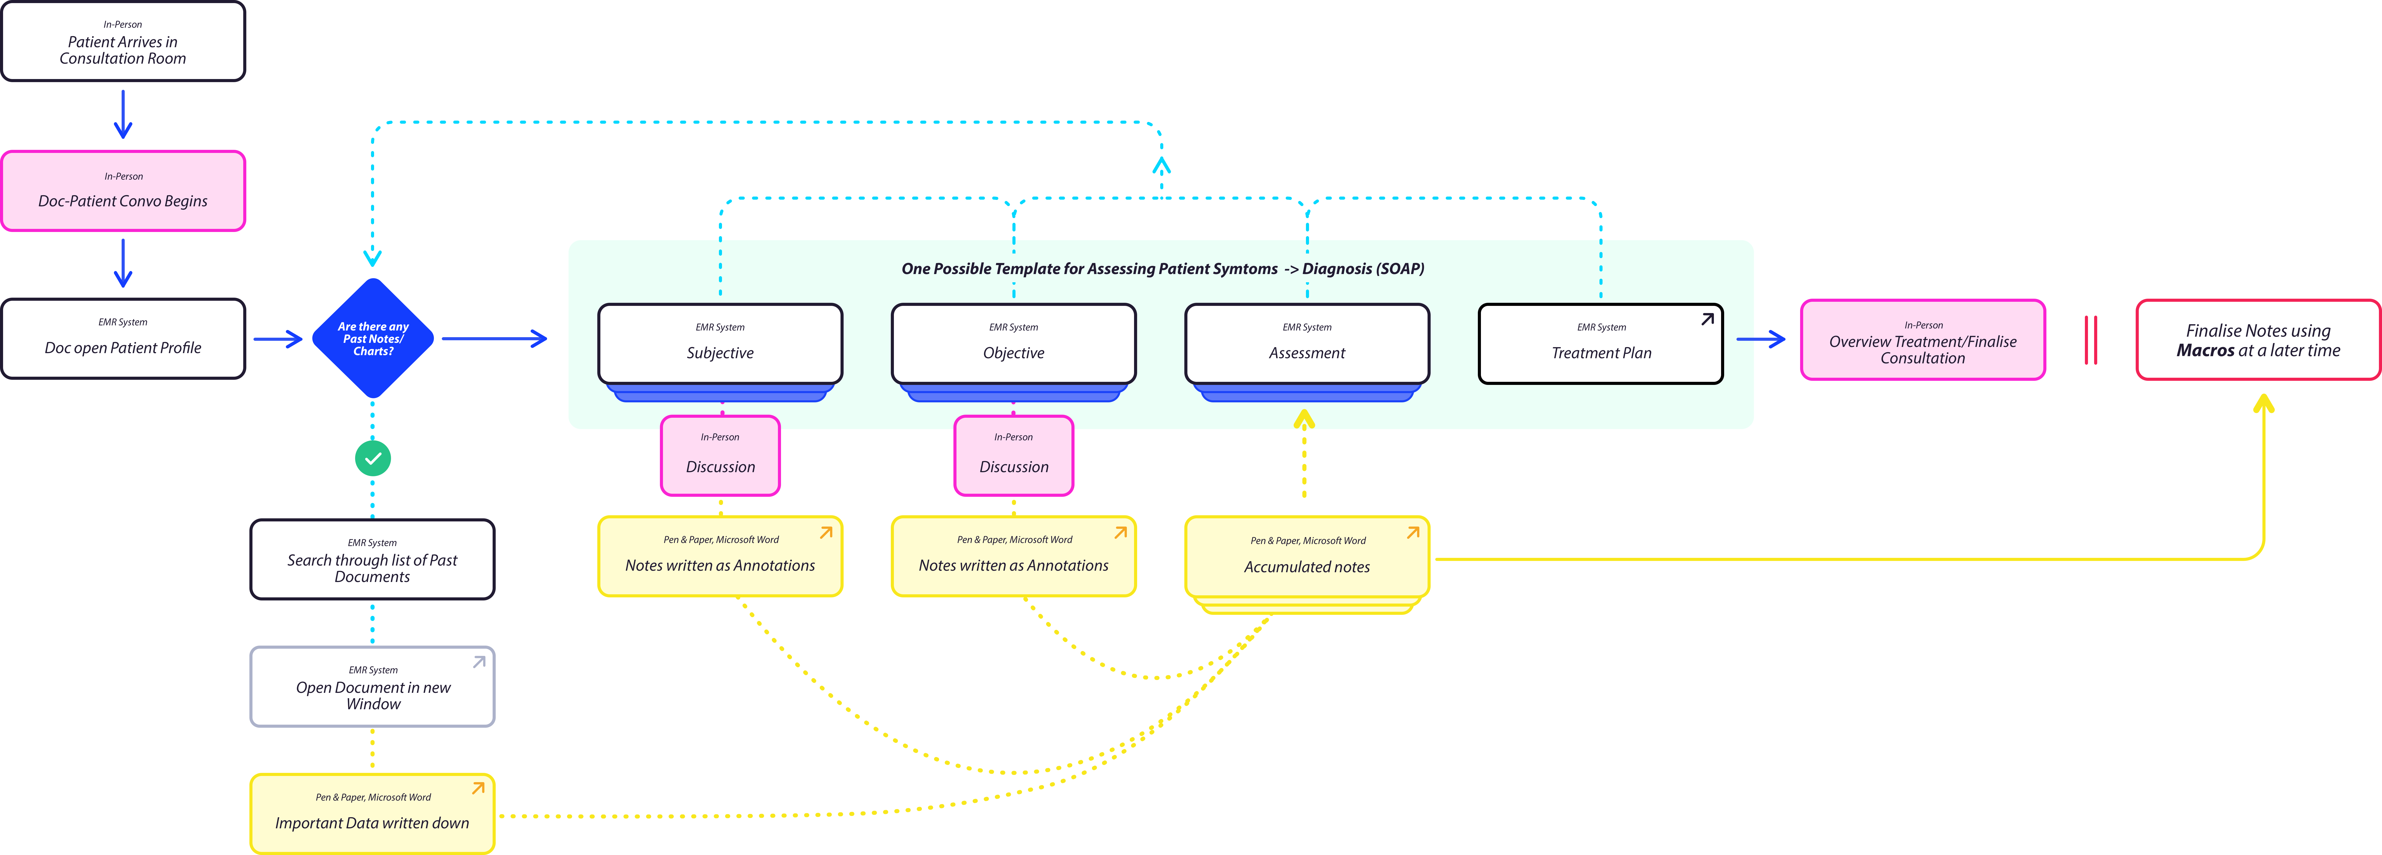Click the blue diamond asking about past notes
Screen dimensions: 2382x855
(373, 338)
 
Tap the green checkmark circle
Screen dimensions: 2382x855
(373, 458)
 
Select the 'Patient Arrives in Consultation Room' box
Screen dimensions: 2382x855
(123, 42)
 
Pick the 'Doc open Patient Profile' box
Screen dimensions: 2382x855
(123, 338)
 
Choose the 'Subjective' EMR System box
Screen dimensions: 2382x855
(720, 344)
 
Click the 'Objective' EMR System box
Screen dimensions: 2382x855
(1013, 344)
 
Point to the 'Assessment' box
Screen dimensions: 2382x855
(1307, 344)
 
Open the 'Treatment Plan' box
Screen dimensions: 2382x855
(1601, 344)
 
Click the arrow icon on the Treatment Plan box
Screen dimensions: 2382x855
(1707, 319)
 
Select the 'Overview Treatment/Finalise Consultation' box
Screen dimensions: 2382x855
(1922, 339)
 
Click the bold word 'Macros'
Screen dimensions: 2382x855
(2205, 350)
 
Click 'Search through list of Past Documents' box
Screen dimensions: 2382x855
(373, 559)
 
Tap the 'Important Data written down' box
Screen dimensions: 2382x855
(373, 813)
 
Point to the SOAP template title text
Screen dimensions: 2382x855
(1162, 269)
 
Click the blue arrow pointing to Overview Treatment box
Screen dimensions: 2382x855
(1761, 339)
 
